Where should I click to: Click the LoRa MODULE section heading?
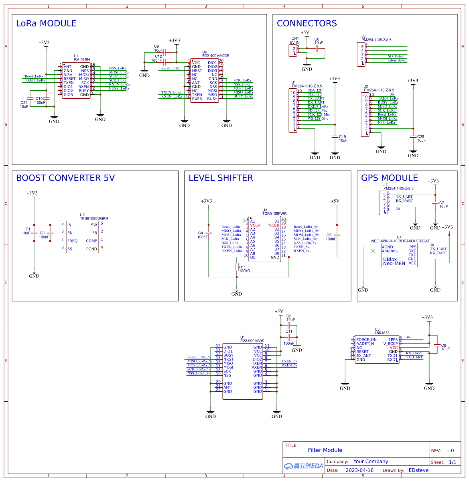(x=46, y=23)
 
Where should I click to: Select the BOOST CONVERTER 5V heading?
(x=65, y=178)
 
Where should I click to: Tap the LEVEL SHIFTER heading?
(x=221, y=178)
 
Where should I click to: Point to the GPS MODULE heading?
(x=389, y=178)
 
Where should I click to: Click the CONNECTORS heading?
(x=307, y=23)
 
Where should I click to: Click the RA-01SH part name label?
(x=82, y=60)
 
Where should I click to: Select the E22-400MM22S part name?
(x=215, y=56)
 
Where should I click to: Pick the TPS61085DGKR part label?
(x=94, y=219)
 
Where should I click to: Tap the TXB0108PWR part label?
(x=274, y=214)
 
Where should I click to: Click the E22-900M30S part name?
(x=252, y=341)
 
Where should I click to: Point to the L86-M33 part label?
(x=382, y=333)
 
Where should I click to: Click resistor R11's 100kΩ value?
(x=244, y=271)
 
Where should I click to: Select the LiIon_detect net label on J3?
(x=397, y=61)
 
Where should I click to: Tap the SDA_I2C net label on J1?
(x=315, y=90)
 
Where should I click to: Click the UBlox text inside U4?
(x=390, y=259)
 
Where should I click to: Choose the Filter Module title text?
(x=325, y=450)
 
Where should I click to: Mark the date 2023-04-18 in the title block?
(x=359, y=470)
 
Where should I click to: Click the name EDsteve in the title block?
(x=418, y=470)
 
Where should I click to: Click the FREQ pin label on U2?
(x=72, y=241)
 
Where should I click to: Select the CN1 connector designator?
(x=295, y=39)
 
